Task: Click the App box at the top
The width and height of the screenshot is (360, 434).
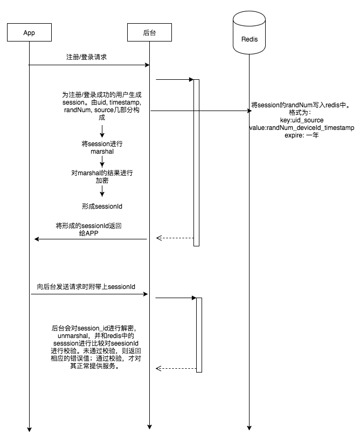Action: (29, 33)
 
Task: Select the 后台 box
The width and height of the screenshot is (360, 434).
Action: (149, 33)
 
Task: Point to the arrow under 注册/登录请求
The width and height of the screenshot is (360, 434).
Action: (89, 65)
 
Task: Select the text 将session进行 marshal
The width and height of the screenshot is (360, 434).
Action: (102, 148)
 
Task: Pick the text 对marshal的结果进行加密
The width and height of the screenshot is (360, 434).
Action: (102, 177)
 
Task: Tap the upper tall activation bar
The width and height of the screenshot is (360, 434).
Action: (197, 162)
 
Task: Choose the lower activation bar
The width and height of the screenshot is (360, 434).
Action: (199, 334)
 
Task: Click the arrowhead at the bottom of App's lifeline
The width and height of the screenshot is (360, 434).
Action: (29, 429)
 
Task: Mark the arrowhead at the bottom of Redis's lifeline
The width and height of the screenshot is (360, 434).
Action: (250, 427)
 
